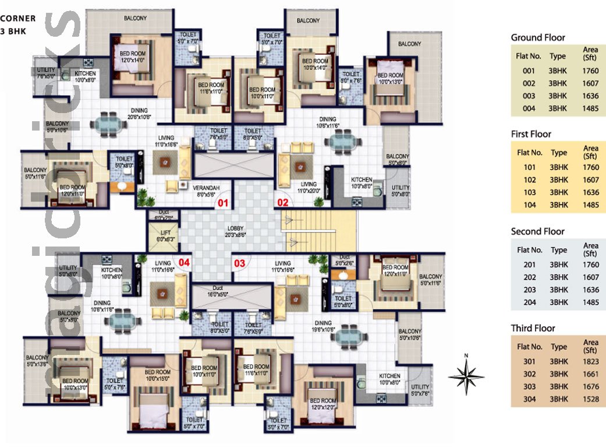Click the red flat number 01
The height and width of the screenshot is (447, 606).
222,203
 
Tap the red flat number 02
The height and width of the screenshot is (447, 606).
282,203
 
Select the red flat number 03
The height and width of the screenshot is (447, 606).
239,263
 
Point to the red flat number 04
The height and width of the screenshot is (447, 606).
184,262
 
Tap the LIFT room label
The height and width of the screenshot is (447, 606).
160,235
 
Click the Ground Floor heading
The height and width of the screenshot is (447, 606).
538,38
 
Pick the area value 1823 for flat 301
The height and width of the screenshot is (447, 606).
590,361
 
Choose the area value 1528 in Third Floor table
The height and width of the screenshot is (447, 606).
590,399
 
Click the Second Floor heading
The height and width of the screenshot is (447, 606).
538,231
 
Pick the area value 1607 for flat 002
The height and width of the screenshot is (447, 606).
590,83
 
